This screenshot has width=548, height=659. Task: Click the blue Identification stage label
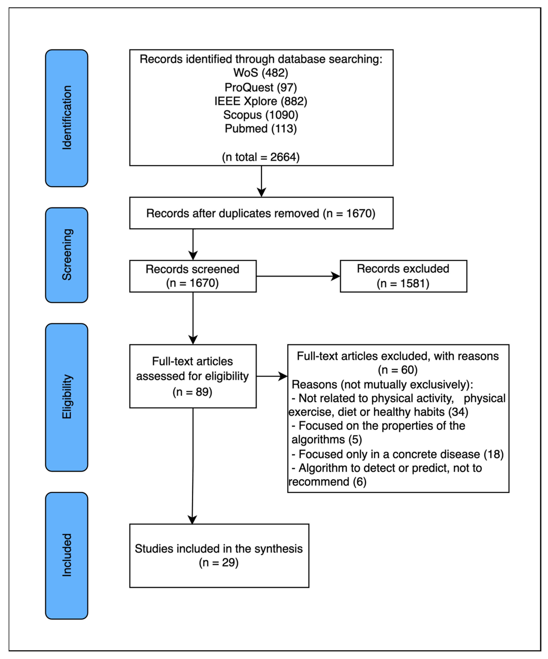click(67, 118)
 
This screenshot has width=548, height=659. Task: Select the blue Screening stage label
click(67, 255)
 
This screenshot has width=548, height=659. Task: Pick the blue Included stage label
click(67, 555)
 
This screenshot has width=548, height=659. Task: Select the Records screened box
click(193, 276)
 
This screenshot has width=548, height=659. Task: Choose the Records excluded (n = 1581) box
click(403, 276)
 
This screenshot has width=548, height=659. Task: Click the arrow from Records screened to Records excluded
click(298, 276)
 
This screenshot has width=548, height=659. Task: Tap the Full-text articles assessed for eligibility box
click(193, 376)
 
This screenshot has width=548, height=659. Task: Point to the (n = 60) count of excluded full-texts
click(398, 370)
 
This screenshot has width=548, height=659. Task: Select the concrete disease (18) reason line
click(397, 454)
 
